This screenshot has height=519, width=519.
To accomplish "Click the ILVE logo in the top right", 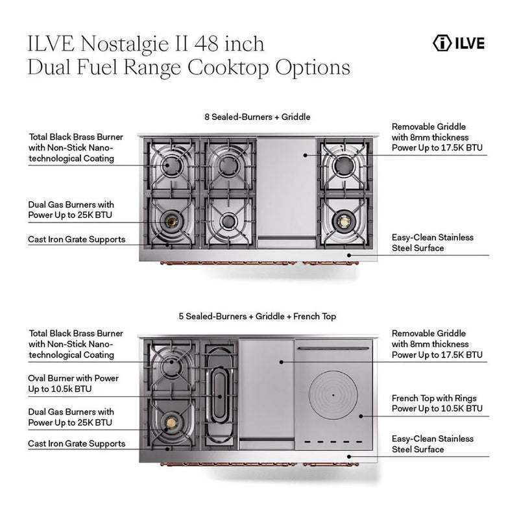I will (458, 44).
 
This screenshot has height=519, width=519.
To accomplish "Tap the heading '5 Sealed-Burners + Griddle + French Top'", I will (257, 317).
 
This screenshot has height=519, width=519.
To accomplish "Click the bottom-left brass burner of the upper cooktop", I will (172, 222).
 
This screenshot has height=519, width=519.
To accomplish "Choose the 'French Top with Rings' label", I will (437, 403).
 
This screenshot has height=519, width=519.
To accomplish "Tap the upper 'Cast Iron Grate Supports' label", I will (77, 239).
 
